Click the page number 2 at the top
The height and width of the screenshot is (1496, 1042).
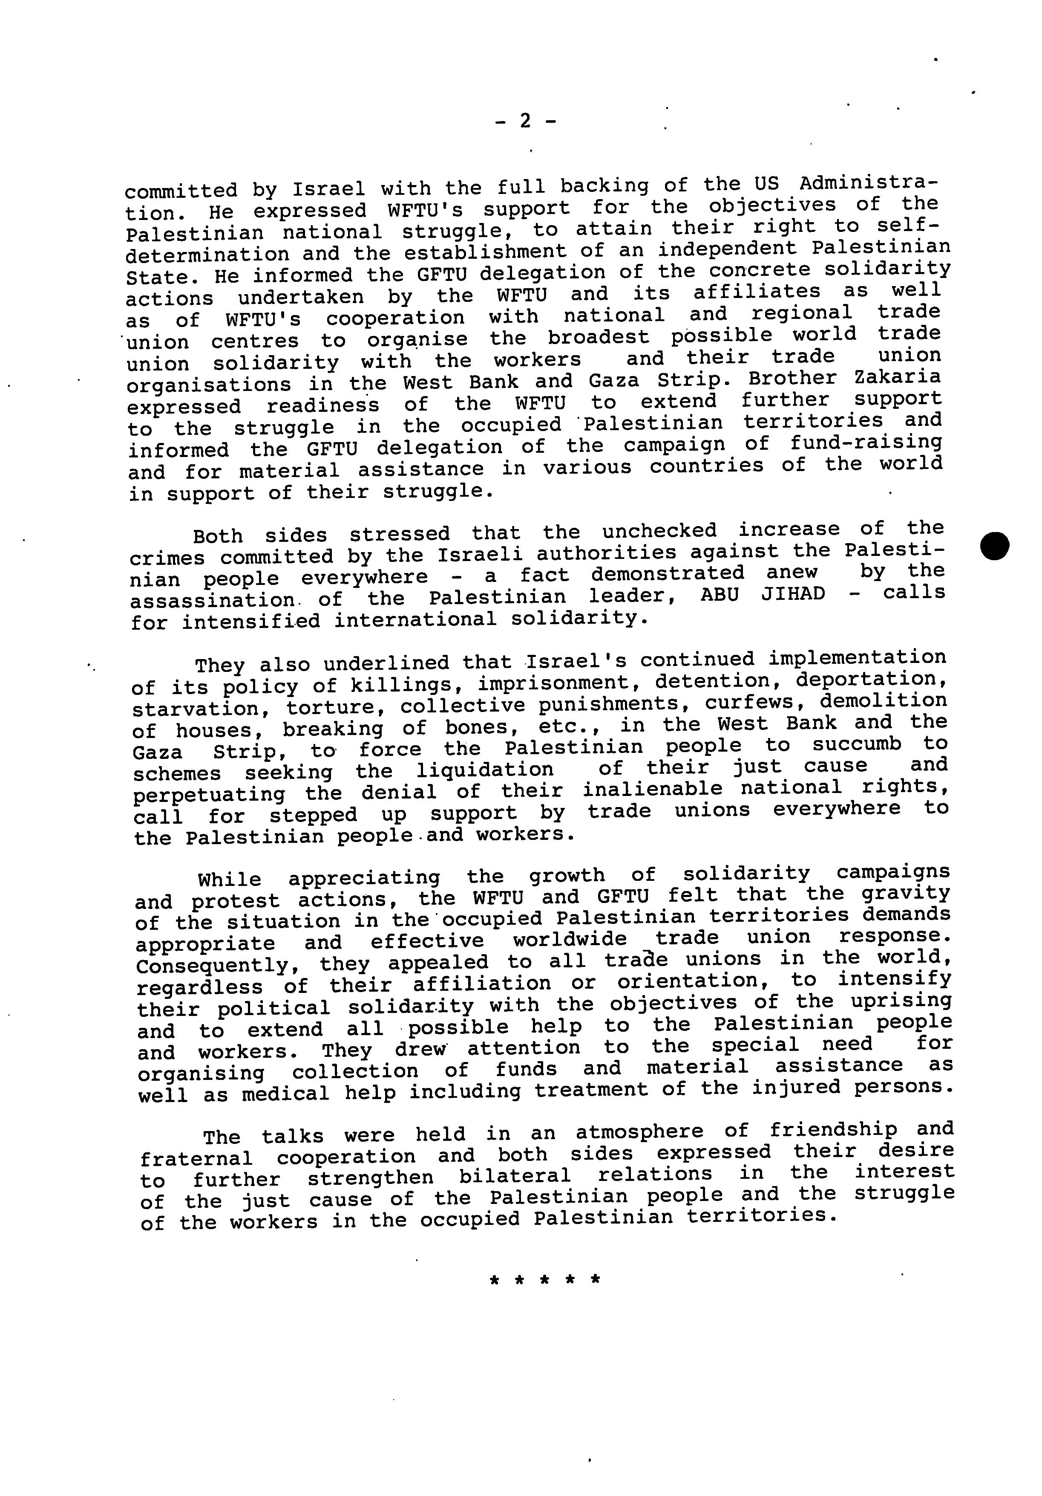pyautogui.click(x=525, y=121)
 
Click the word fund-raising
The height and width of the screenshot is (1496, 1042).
pyautogui.click(x=866, y=443)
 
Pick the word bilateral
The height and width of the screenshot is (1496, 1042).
pyautogui.click(x=515, y=1175)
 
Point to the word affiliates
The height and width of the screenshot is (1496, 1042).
pyautogui.click(x=757, y=292)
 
